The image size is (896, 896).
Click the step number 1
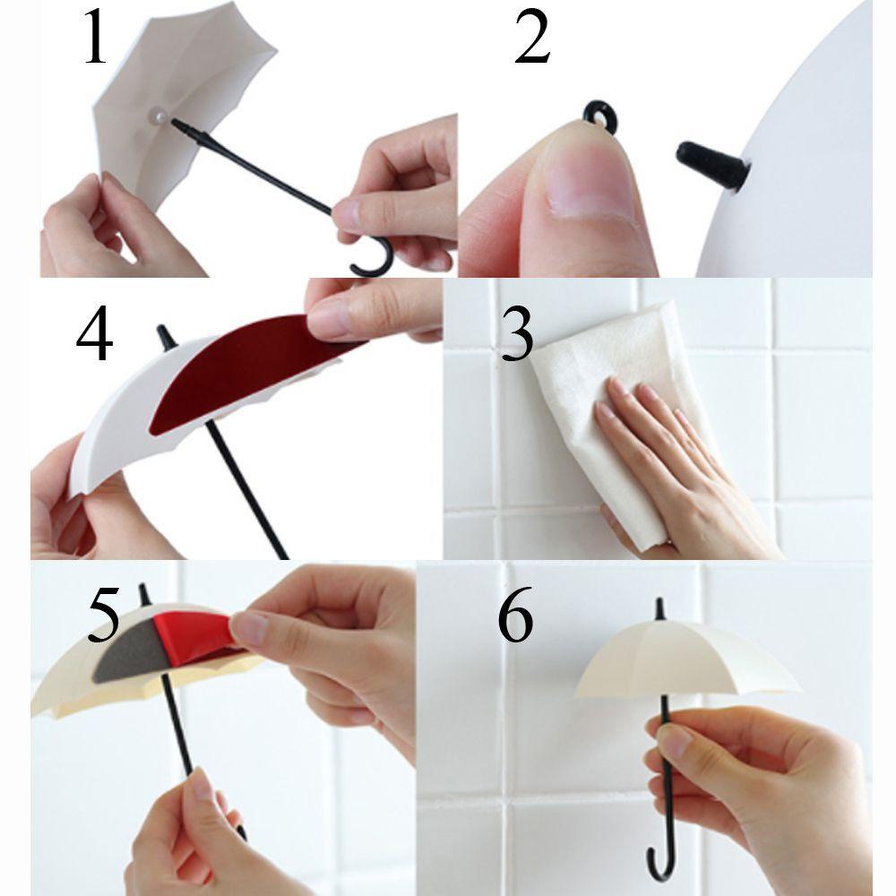coord(96,37)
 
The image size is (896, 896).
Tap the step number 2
coord(532,37)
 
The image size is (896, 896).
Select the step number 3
coord(517,334)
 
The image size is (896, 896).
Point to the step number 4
coord(94,333)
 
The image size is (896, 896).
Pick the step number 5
coord(103,613)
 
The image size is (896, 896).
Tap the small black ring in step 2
coord(600,116)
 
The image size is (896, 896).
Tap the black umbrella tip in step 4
coord(165,337)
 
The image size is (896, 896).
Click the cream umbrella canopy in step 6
coord(685,657)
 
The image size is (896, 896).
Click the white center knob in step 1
coord(157,116)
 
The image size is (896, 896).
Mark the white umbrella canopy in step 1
coord(177,97)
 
